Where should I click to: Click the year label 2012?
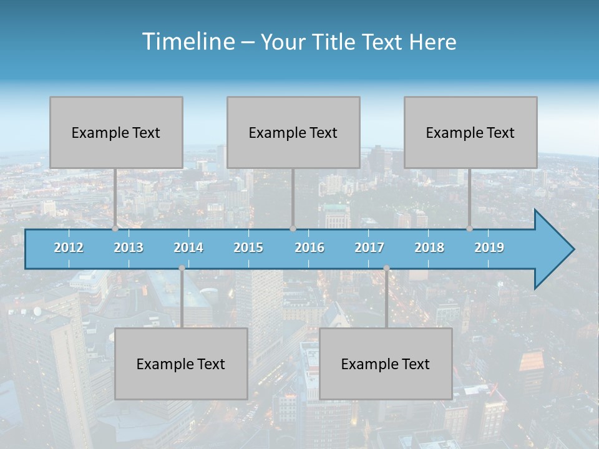[69, 248]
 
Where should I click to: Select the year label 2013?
[129, 248]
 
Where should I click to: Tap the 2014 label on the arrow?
[188, 248]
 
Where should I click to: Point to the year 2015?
[248, 248]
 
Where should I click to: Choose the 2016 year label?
[309, 248]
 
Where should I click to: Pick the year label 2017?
[369, 248]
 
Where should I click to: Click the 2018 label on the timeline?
[429, 248]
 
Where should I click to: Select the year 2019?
[489, 248]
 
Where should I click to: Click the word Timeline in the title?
[187, 42]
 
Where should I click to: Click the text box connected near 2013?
[116, 132]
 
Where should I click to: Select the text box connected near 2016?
[293, 132]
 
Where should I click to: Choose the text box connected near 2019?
[470, 132]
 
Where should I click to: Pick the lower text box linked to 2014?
[181, 364]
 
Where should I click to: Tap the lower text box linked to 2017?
[386, 364]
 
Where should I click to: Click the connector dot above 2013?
[115, 229]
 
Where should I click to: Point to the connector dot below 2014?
[182, 268]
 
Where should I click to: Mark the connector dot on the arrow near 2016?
[293, 229]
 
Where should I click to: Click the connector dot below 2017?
[386, 268]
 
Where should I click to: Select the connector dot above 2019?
[470, 229]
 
